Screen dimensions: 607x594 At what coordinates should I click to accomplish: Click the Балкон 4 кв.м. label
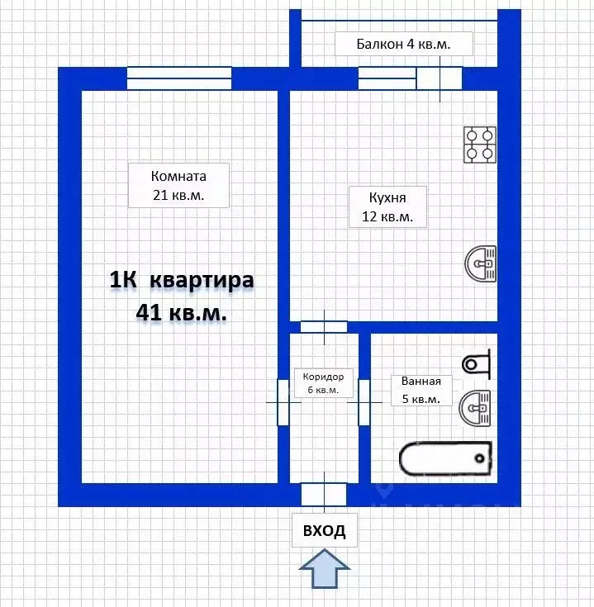[x=403, y=45]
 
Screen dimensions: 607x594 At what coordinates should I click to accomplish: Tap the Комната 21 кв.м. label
[x=178, y=185]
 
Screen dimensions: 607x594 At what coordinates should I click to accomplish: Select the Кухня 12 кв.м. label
[x=387, y=206]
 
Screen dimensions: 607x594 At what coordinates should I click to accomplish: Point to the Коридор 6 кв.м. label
[x=324, y=382]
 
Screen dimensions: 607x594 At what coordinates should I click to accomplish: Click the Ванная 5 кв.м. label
[x=426, y=390]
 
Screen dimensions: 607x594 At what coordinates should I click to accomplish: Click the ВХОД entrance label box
[x=324, y=530]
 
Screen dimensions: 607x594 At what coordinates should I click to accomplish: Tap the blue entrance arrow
[x=324, y=571]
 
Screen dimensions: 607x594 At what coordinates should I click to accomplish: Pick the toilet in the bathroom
[x=477, y=363]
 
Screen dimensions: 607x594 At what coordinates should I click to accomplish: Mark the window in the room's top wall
[x=178, y=78]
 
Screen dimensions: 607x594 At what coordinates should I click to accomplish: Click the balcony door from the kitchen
[x=438, y=78]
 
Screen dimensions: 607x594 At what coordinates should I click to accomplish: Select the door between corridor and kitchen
[x=324, y=326]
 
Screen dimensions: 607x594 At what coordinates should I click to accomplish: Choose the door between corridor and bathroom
[x=364, y=402]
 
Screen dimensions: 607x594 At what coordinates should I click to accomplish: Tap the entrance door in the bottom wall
[x=324, y=494]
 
